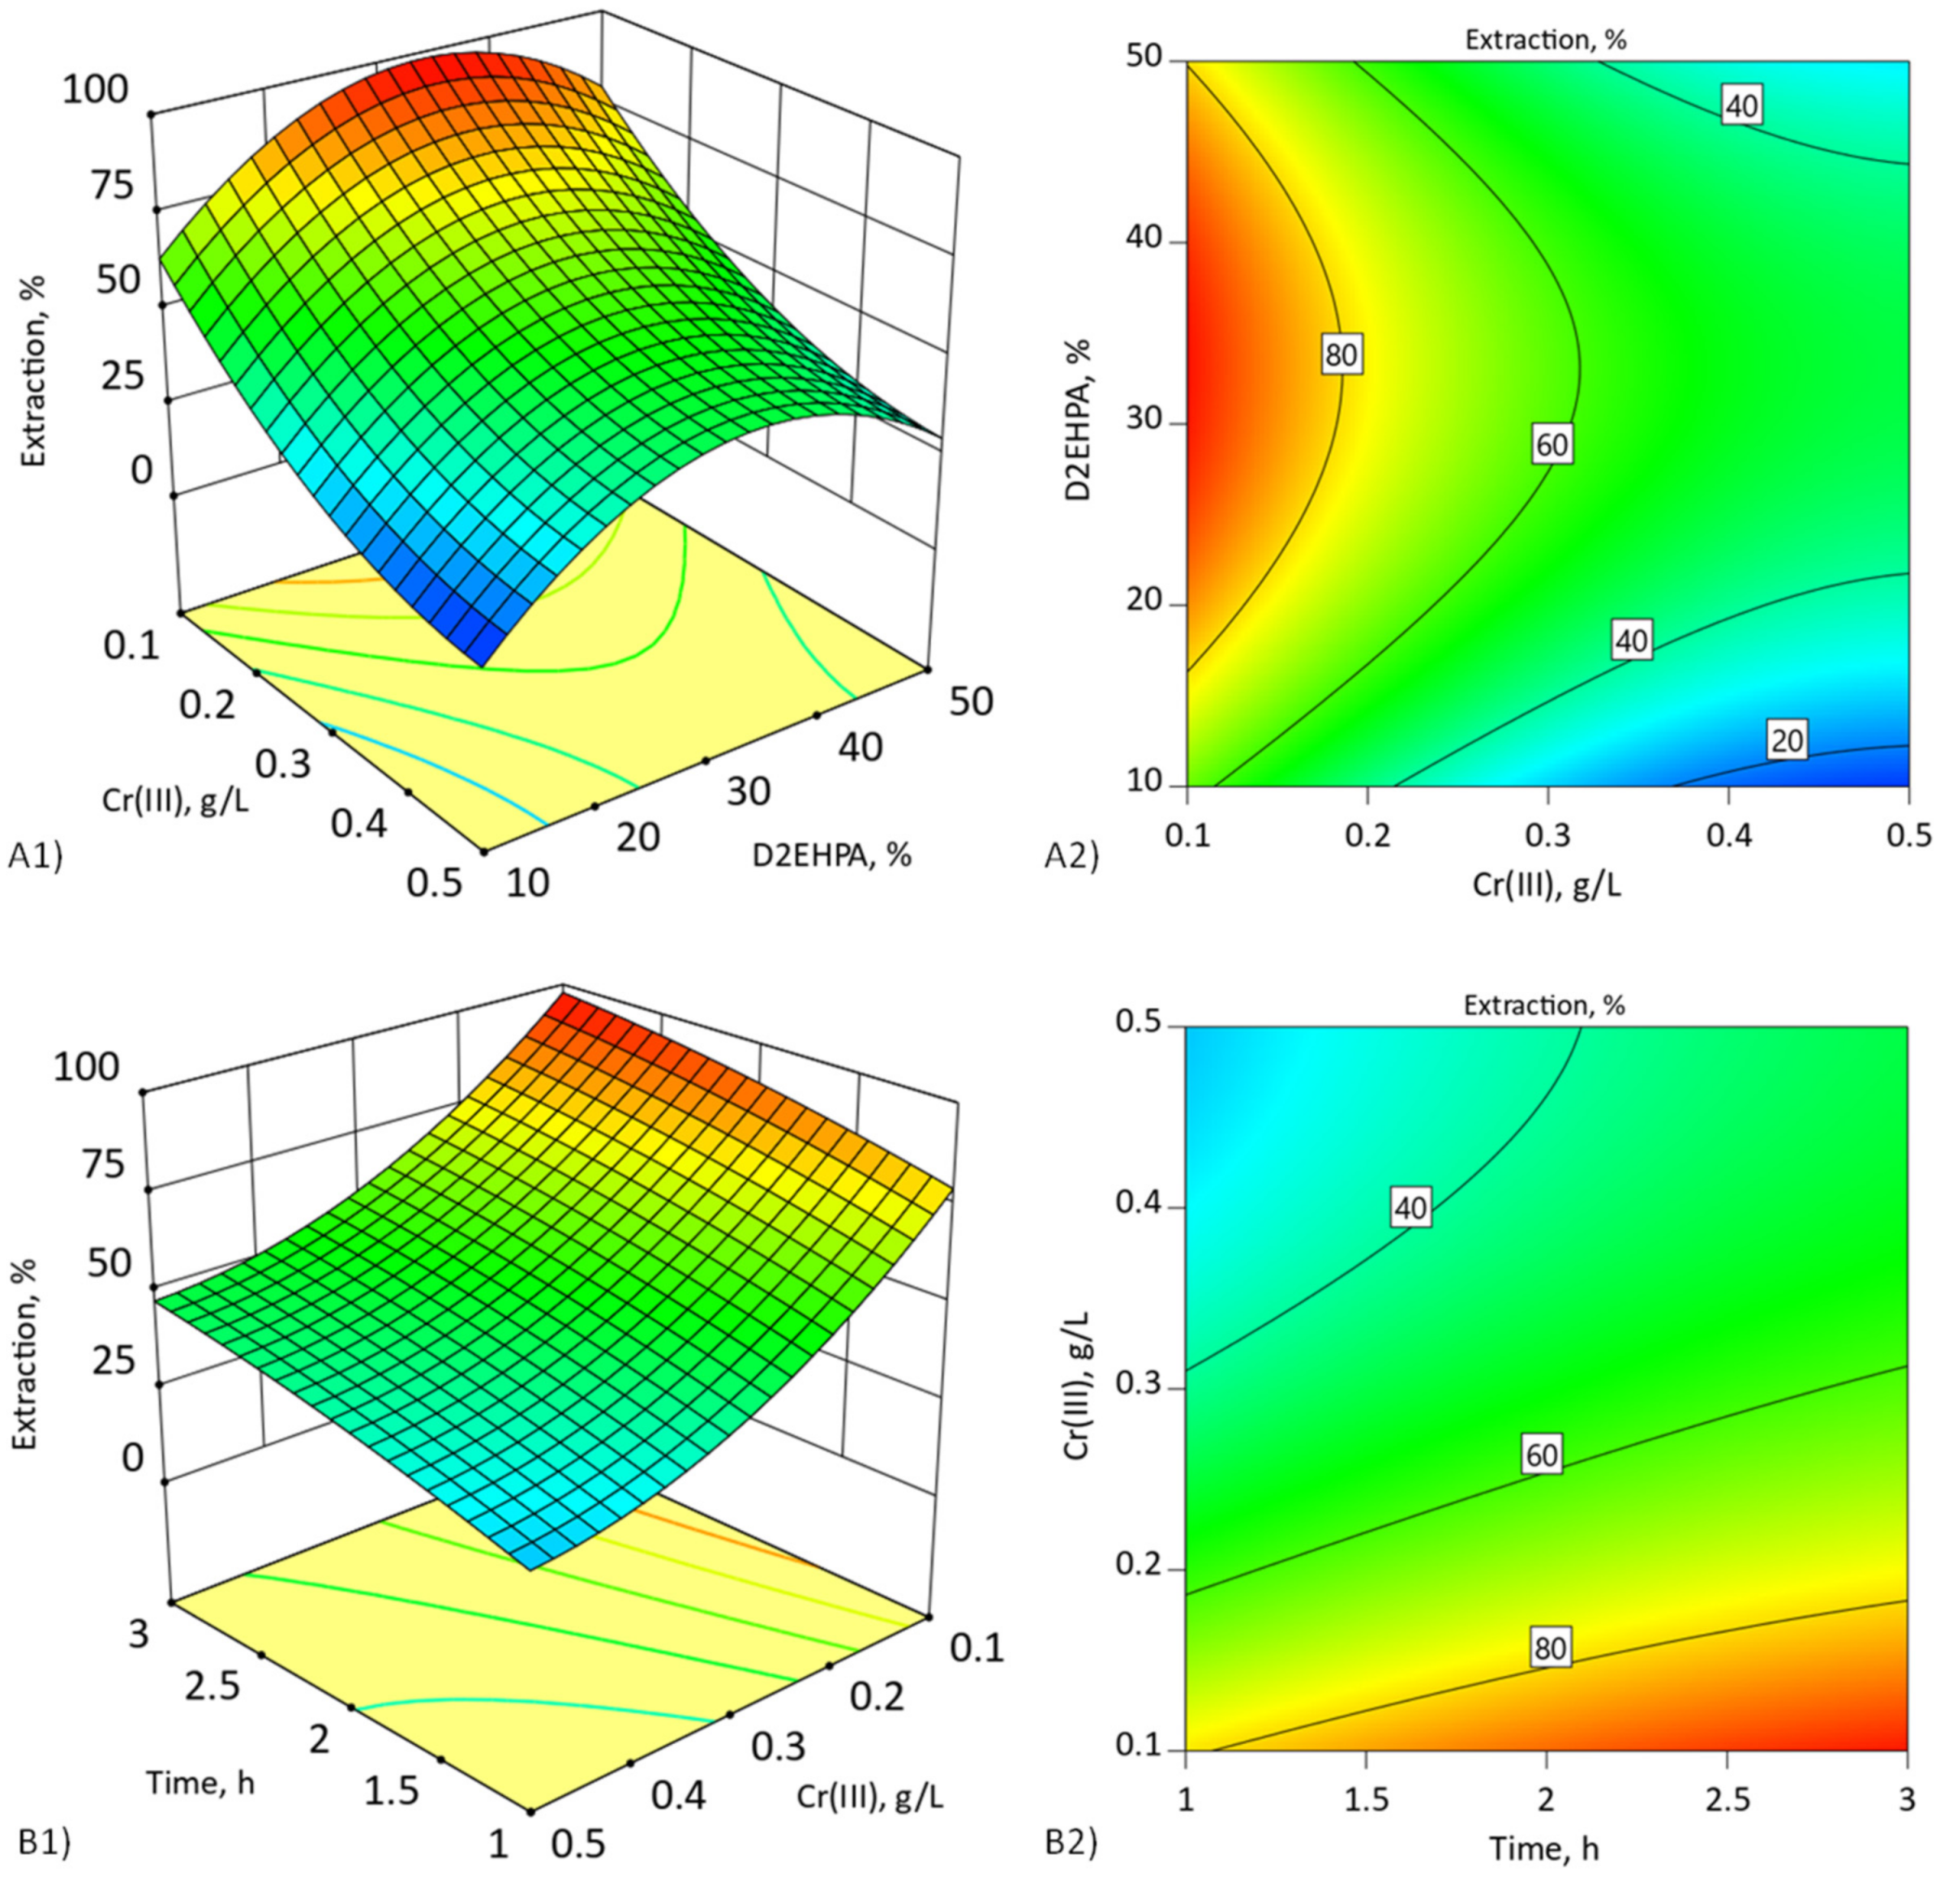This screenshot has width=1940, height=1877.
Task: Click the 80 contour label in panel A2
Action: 1341,354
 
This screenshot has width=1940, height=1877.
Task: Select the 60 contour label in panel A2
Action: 1551,445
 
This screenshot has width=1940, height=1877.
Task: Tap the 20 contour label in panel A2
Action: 1787,739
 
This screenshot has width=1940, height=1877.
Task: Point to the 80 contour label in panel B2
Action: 1550,1648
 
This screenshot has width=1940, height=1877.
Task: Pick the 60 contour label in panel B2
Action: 1541,1455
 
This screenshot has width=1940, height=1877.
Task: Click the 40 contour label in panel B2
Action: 1410,1207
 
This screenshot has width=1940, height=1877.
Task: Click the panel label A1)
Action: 36,857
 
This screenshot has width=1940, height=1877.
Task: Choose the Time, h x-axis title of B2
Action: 1545,1847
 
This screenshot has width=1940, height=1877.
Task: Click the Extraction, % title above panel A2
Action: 1546,40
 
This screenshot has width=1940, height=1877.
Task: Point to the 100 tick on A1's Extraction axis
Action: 95,90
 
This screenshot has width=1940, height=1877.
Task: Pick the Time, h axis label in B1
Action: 200,1782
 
